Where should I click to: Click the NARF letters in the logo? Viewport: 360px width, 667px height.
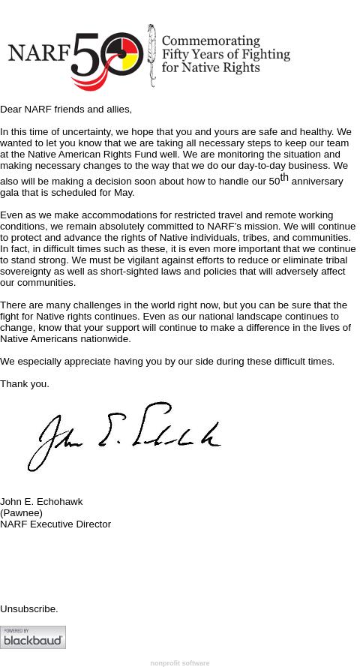(38, 54)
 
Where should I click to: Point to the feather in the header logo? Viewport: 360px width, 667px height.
(151, 56)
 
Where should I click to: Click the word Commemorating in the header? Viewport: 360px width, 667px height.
(211, 42)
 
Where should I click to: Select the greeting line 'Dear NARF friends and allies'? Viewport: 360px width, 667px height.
(66, 110)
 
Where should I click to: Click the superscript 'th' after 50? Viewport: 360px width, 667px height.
(284, 178)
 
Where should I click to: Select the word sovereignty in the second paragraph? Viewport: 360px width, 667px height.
(27, 272)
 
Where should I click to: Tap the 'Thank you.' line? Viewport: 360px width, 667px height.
(25, 384)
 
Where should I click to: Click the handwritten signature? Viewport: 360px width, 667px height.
(124, 437)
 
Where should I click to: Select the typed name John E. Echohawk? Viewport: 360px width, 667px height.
(41, 502)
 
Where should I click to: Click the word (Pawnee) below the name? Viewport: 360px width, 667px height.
(21, 513)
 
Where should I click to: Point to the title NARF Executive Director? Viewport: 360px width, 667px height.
(55, 524)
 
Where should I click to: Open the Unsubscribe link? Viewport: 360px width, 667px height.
(28, 609)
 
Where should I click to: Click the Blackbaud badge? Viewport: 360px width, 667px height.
(33, 638)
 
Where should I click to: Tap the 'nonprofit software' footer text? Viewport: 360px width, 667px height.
(180, 663)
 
